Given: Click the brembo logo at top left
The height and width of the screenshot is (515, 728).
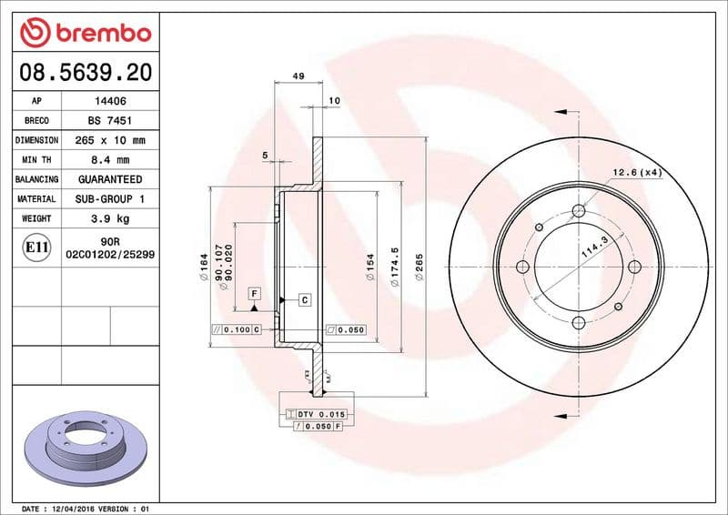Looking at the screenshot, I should pos(85,34).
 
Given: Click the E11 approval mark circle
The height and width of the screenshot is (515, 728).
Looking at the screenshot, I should pos(36,247).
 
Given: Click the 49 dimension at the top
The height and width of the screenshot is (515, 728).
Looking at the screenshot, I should pos(298,76).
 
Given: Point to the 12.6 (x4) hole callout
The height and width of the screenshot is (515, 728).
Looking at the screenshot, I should pos(636,172).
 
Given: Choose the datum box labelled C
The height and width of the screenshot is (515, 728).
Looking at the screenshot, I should pos(304,299).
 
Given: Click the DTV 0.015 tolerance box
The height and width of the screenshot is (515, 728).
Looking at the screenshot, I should pos(315,414).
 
